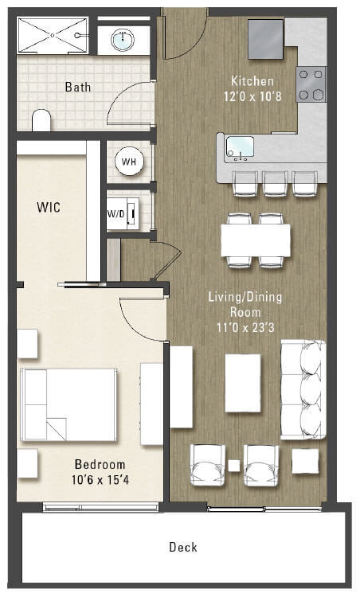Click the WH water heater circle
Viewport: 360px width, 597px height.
click(128, 162)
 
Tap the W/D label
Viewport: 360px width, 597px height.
click(115, 213)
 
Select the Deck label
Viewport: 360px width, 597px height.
click(182, 547)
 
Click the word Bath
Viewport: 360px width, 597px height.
click(78, 87)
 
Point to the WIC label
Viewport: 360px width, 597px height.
click(49, 207)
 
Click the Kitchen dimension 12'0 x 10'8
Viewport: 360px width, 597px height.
click(252, 96)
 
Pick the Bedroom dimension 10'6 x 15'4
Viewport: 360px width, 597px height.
click(100, 479)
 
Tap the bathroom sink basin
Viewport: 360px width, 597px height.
click(123, 39)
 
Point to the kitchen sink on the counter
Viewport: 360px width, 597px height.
click(240, 146)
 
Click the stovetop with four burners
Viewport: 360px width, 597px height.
click(311, 84)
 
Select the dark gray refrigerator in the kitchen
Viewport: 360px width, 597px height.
click(265, 39)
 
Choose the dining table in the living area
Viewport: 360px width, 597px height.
click(256, 240)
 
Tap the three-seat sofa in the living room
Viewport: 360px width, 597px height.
click(303, 389)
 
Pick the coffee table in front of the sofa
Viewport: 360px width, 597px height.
click(243, 383)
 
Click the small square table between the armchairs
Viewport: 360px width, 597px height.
click(234, 465)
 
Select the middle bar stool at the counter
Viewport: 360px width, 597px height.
click(276, 181)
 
